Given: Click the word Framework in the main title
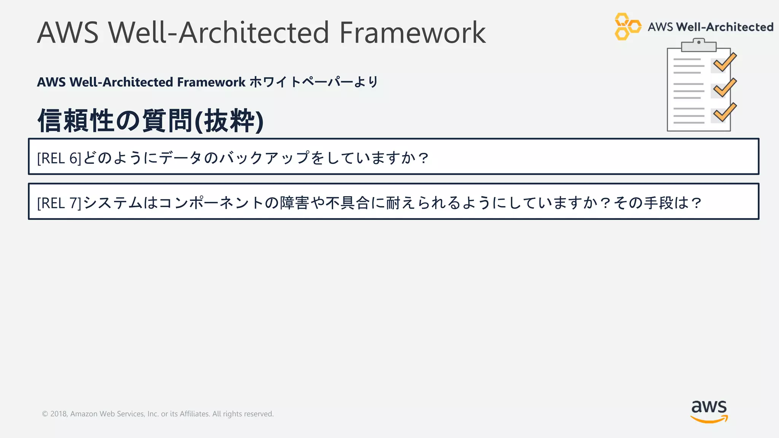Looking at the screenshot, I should click(412, 33).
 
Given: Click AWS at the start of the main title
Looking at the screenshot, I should click(68, 33).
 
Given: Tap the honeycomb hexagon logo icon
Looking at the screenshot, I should click(627, 27).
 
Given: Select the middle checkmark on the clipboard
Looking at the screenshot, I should click(724, 88).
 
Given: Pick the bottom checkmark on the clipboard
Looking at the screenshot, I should click(724, 113).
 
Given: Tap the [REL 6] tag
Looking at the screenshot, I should click(59, 158).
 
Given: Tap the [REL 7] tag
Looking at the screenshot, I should click(59, 203).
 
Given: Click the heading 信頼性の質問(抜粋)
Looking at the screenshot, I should click(150, 121).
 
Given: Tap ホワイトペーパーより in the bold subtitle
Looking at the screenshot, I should click(314, 82).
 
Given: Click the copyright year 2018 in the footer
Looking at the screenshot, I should click(58, 414).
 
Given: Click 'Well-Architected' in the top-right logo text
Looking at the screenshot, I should click(725, 27).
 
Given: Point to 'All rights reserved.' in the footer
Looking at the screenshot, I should click(243, 414).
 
